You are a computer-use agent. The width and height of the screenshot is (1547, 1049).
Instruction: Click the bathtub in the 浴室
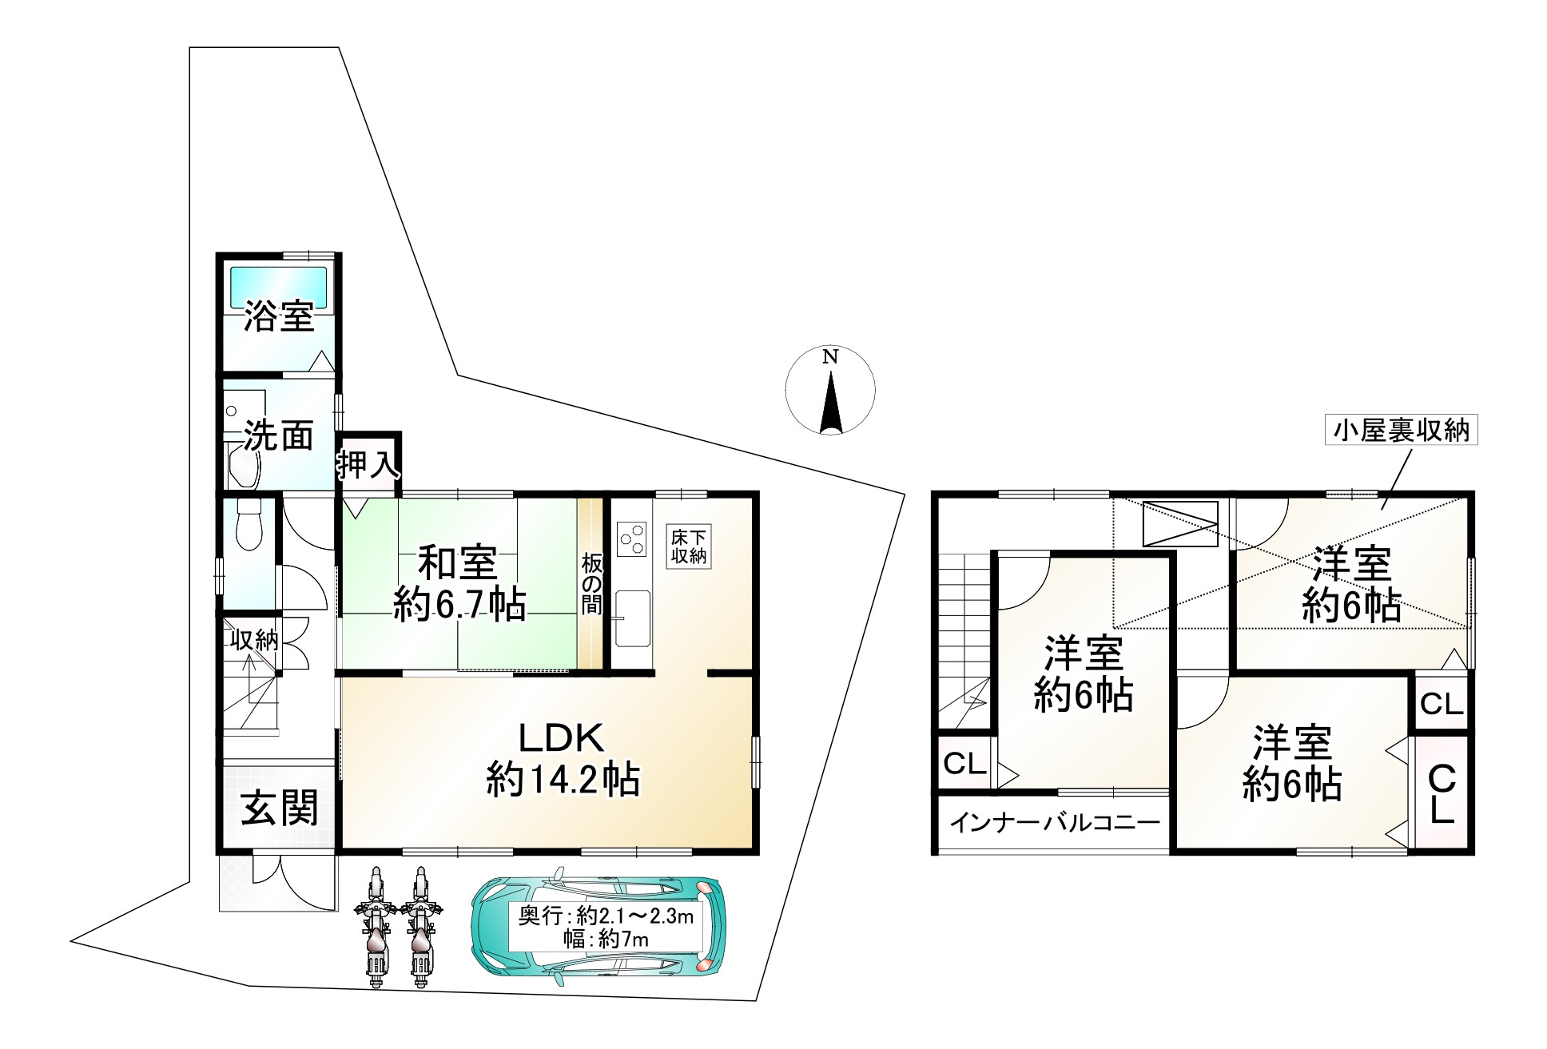[x=278, y=285]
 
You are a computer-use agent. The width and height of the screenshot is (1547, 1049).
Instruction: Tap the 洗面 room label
[x=278, y=435]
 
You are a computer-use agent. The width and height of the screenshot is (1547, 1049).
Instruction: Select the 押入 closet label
[x=367, y=464]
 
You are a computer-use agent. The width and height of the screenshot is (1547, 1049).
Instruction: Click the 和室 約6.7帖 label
[x=459, y=583]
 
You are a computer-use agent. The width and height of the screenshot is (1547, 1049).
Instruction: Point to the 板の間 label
[x=591, y=584]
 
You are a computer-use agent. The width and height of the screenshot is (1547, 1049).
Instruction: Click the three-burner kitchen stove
[x=631, y=538]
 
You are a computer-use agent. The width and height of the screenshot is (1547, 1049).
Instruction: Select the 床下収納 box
[x=689, y=546]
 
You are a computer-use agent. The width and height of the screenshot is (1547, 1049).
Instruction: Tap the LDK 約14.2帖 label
[x=563, y=759]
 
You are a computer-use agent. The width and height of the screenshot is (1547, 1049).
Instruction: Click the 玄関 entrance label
[x=280, y=808]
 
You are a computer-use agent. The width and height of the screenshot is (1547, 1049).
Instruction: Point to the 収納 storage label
[x=254, y=639]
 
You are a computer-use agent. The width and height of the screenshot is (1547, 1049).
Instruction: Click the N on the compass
[x=831, y=357]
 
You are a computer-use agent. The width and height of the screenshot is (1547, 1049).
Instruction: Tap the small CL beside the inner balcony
[x=964, y=764]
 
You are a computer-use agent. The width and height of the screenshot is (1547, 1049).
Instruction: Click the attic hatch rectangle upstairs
[x=1180, y=523]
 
